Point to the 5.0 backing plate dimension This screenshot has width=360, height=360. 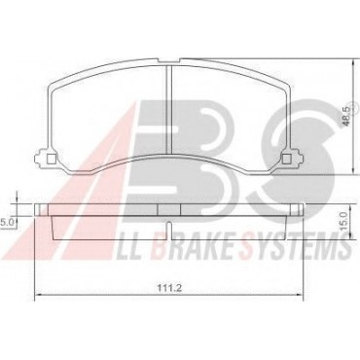tap(6, 223)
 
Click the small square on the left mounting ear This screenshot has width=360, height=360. tap(52, 159)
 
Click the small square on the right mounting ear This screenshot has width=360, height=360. tap(286, 159)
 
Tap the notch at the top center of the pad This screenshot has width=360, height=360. tap(169, 60)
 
